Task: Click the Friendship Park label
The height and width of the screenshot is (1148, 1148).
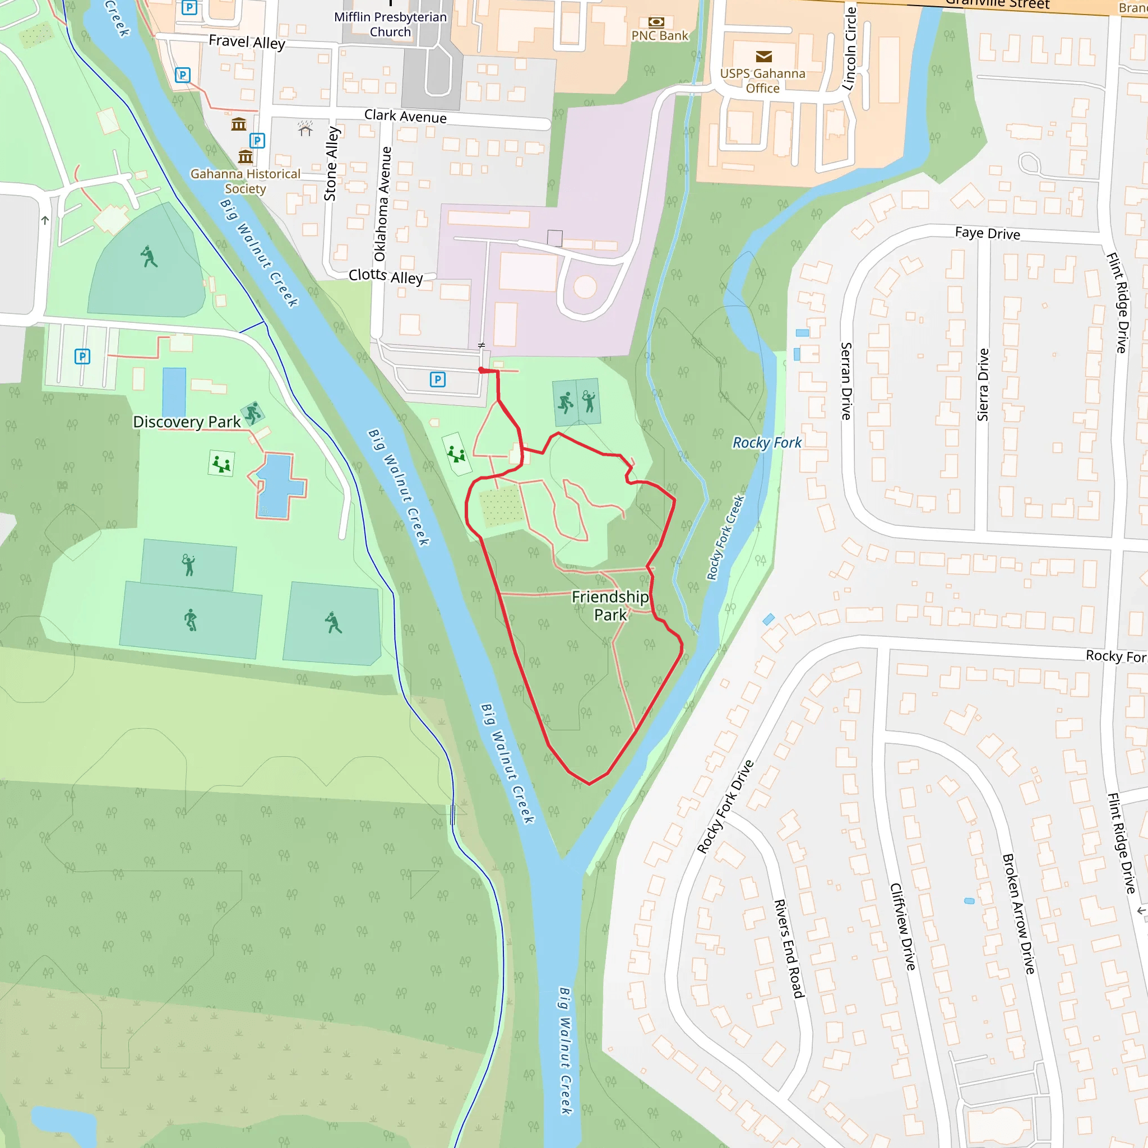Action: coord(610,605)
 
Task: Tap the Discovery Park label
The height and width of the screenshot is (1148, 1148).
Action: coord(187,422)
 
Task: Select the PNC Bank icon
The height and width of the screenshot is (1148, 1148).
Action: coord(656,22)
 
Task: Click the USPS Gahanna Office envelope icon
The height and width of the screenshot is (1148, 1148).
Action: coord(763,57)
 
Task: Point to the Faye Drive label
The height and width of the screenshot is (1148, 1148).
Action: coord(987,233)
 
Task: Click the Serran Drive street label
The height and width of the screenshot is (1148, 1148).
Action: coord(846,381)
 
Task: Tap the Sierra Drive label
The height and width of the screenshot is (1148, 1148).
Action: coord(983,385)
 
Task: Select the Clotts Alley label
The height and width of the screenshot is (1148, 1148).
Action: coord(386,276)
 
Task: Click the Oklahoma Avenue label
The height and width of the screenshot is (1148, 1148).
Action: coord(383,204)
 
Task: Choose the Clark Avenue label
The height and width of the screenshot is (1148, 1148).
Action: coord(405,116)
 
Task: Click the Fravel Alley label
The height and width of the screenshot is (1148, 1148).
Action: coord(247,41)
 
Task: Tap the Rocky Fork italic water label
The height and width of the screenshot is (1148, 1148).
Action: coord(766,443)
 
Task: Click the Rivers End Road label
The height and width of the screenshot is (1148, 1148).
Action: coord(789,948)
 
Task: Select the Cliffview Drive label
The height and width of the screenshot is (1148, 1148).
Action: coord(902,927)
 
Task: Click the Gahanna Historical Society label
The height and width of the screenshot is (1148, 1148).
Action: coord(245,180)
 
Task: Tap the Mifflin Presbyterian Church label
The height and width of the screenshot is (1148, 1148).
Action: coord(390,24)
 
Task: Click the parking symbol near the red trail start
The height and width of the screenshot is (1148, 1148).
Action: coord(438,379)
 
